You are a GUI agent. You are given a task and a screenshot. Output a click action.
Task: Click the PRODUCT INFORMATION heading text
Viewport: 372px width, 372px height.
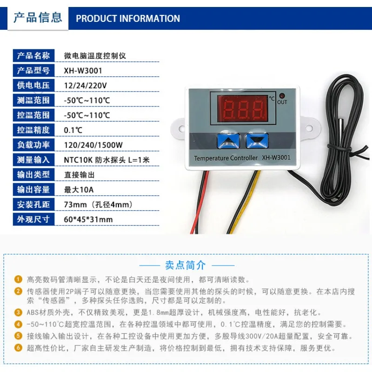click(128, 19)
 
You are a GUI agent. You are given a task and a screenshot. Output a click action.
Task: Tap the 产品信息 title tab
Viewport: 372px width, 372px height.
click(38, 18)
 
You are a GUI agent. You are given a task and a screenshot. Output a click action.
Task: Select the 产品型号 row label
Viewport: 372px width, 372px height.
click(33, 71)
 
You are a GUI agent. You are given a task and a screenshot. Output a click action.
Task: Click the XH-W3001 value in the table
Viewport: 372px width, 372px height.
click(83, 71)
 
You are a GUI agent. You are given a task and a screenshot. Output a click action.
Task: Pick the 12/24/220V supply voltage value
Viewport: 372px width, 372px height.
click(86, 86)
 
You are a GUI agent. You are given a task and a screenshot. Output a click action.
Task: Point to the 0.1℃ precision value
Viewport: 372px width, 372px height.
click(73, 130)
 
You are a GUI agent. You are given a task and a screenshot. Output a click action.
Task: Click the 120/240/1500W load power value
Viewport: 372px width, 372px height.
click(93, 145)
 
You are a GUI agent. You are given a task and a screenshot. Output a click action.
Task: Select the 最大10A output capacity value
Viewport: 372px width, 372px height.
click(79, 190)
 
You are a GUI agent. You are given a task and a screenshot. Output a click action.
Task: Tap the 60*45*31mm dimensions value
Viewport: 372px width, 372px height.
click(88, 219)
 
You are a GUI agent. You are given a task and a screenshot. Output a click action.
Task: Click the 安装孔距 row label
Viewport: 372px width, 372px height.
click(33, 204)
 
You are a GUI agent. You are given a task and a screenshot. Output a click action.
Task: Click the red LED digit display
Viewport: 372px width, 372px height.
click(243, 109)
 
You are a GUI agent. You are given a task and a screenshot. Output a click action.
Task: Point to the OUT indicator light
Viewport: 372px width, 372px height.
click(282, 96)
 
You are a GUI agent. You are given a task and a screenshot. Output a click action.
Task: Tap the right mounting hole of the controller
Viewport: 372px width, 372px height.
click(309, 128)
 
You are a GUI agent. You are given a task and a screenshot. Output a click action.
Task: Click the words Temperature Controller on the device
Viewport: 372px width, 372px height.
click(226, 158)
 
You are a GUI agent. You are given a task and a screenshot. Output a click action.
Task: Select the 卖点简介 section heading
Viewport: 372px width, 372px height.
click(186, 265)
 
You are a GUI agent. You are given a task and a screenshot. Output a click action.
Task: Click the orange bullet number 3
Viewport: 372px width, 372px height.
click(18, 312)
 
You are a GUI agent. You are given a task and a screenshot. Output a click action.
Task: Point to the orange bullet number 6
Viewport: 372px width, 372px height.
click(18, 348)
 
